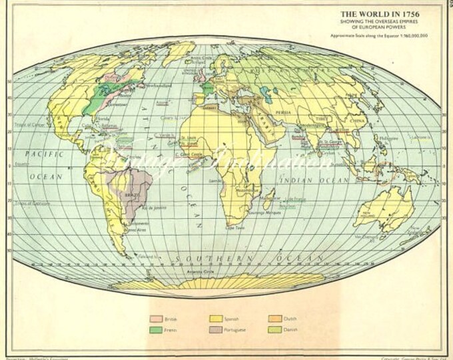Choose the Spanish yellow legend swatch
click(216, 318)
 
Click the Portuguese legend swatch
click(216, 329)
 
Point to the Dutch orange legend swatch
click(275, 318)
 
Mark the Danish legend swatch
click(275, 329)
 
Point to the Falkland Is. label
click(147, 255)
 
